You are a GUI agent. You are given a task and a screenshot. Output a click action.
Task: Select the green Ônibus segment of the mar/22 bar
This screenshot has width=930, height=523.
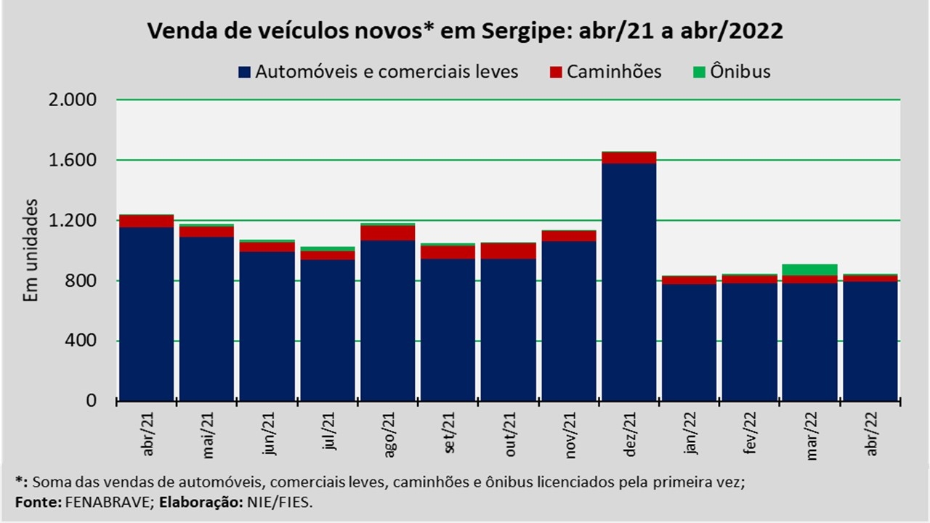[x=810, y=269]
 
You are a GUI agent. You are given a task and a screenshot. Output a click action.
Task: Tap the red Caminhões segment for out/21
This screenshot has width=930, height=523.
[x=509, y=251]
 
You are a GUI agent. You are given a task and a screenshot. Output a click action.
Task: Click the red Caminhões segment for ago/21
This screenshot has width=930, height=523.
[x=388, y=232]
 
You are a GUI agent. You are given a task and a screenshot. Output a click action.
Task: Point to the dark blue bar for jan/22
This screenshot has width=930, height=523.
[x=690, y=341]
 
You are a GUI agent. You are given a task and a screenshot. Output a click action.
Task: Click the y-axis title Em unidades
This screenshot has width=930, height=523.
[x=31, y=251]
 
